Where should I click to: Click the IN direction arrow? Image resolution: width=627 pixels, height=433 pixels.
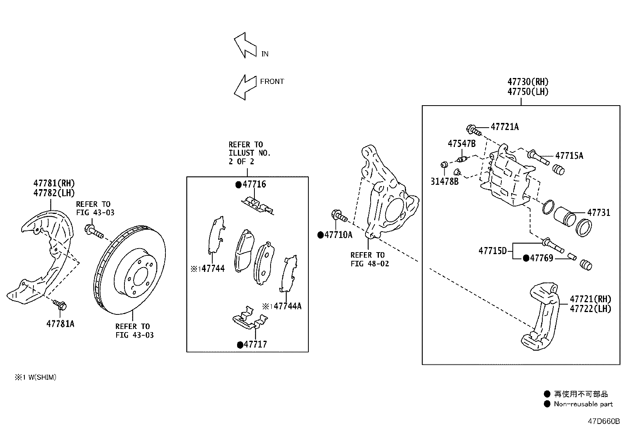point(245,45)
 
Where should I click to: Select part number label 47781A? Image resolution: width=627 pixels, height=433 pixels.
point(60,324)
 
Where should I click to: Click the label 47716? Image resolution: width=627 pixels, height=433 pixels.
point(254,184)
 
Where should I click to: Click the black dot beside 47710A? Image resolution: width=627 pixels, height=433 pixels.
point(321,235)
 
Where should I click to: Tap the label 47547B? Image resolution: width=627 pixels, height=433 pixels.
point(462,144)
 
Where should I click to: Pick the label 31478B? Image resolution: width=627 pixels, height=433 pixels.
point(445,182)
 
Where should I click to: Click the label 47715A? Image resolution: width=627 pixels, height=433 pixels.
point(569,156)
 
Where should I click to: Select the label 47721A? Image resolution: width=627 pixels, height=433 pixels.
point(505,127)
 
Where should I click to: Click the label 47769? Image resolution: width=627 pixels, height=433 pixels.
point(542,258)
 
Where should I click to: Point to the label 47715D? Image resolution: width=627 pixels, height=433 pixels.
point(493,251)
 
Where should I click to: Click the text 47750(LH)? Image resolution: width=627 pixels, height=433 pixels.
point(528,92)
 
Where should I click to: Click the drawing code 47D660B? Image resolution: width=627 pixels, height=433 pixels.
point(604,422)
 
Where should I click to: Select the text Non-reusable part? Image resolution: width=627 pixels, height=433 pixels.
point(583,404)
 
